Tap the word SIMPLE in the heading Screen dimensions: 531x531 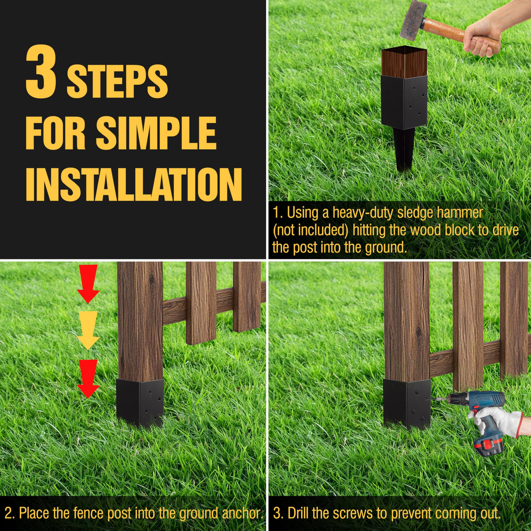click(156, 133)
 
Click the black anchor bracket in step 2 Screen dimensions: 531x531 click(140, 402)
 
